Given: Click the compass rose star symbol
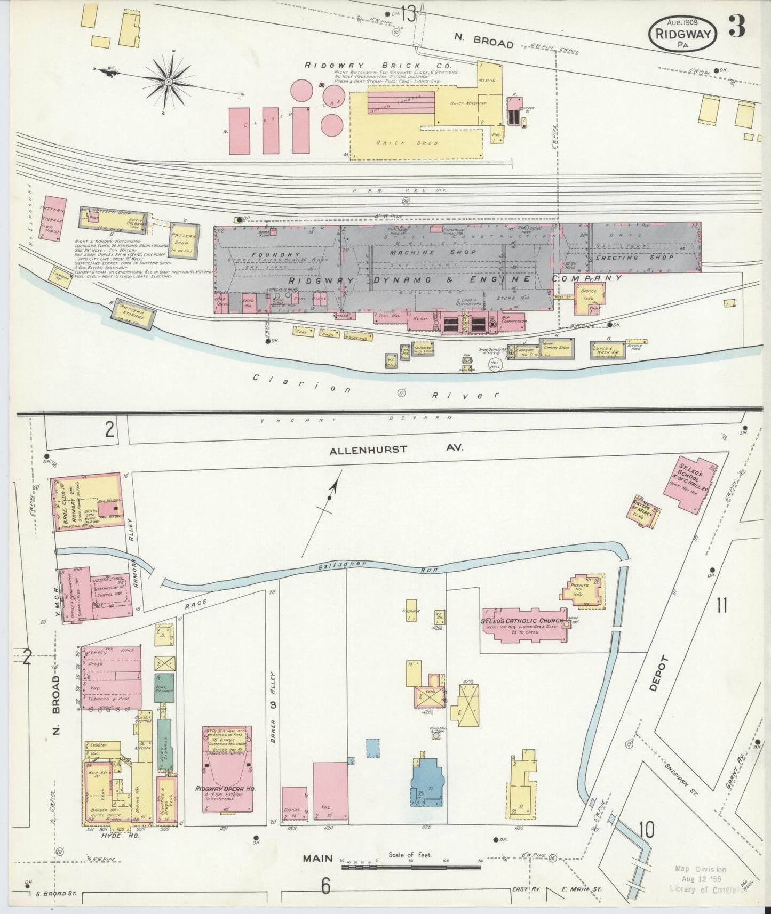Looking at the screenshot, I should coord(169,81).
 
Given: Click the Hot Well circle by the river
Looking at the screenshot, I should coord(495,365).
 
